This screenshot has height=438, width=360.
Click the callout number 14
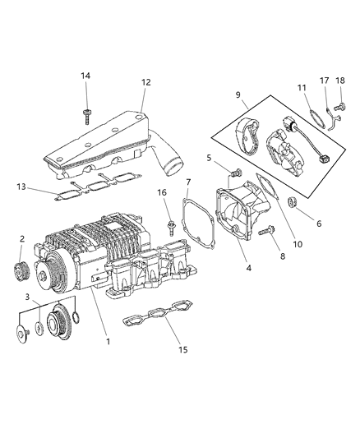point(85,76)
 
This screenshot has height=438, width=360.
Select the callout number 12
point(146,82)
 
